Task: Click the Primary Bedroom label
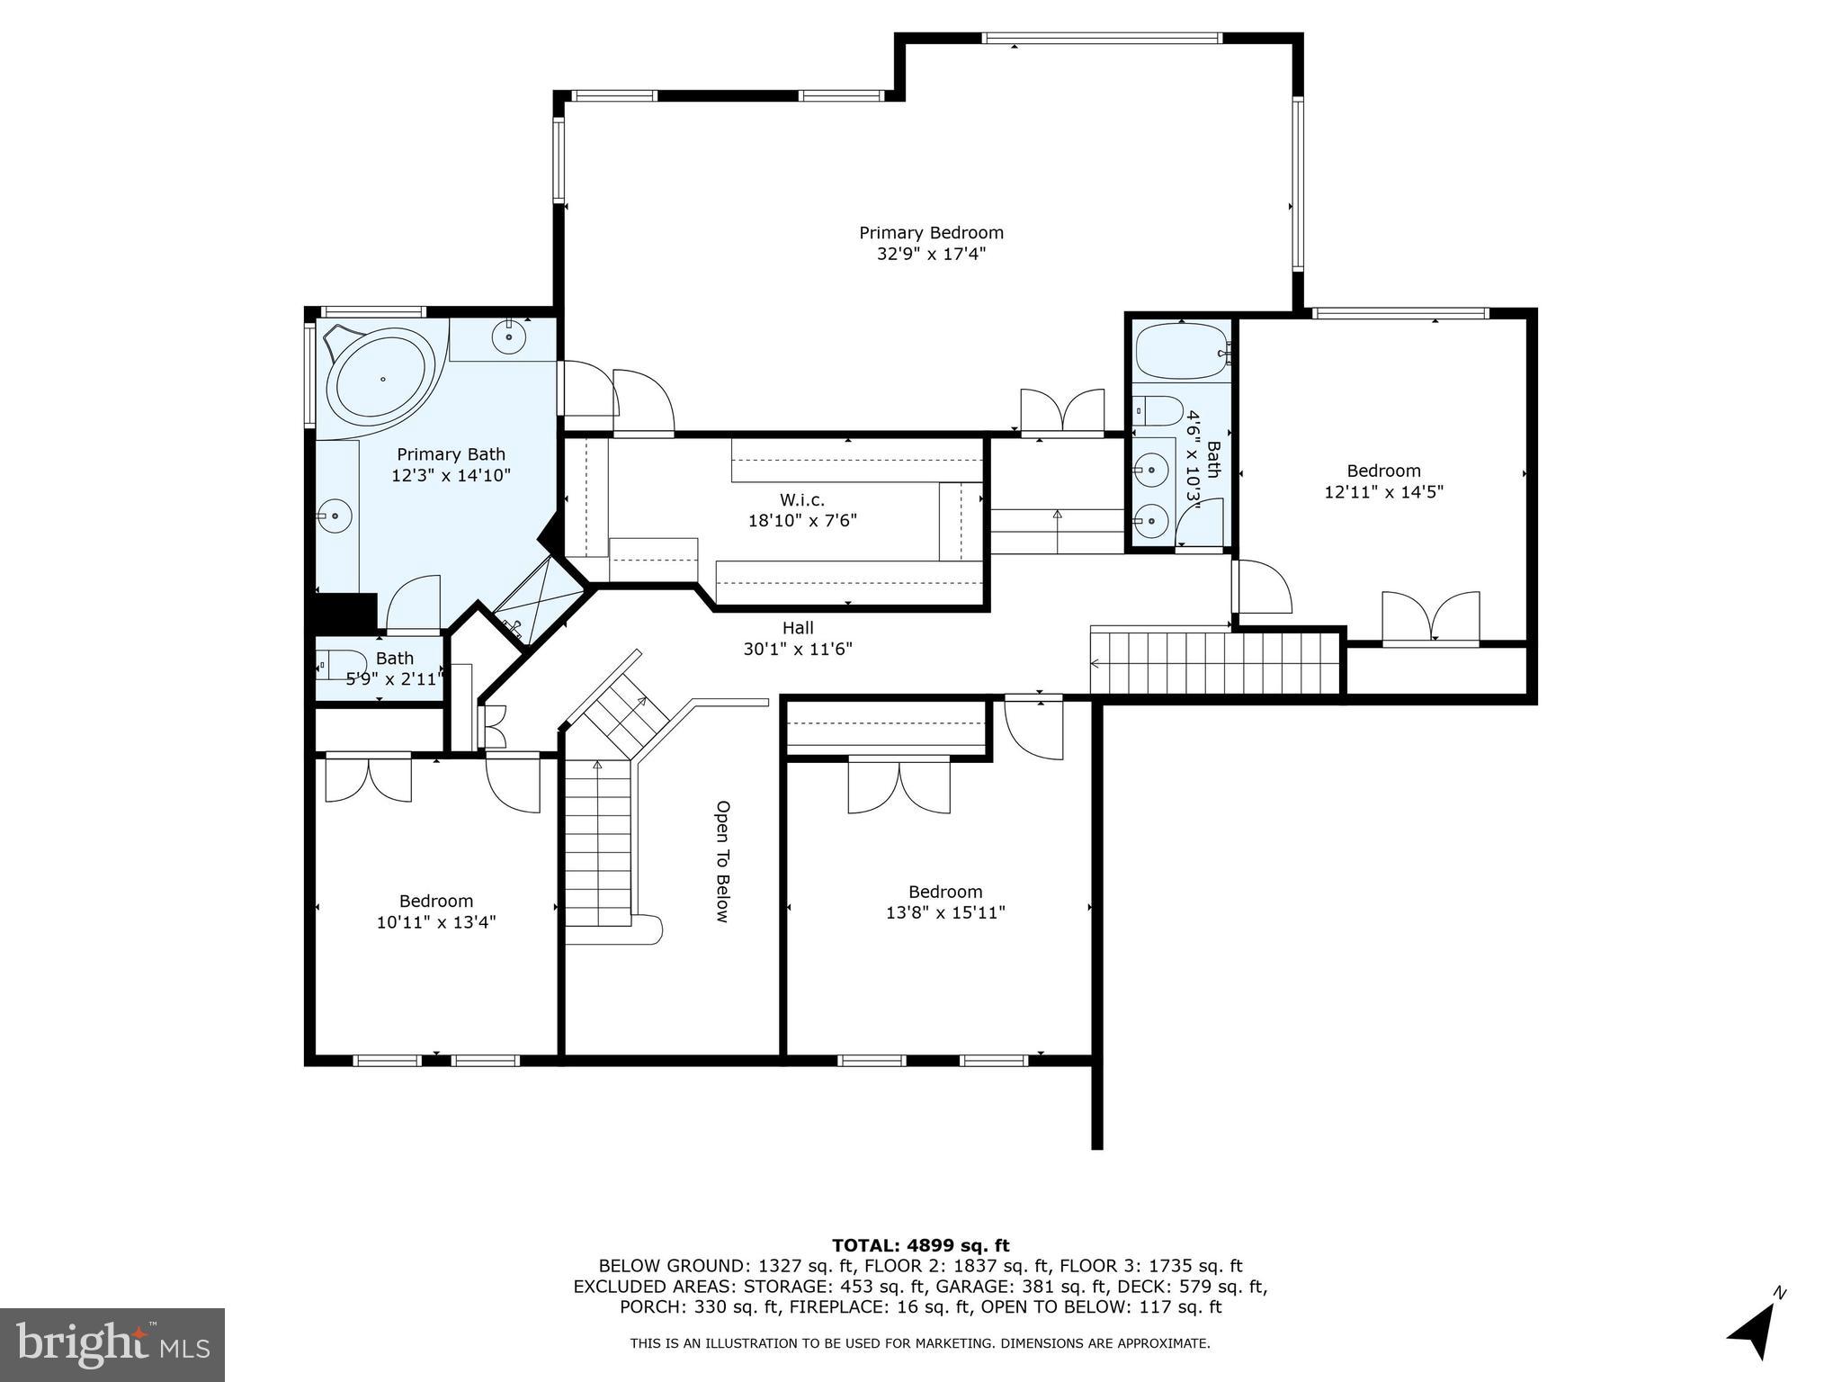click(x=931, y=233)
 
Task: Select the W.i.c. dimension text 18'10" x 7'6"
click(x=802, y=521)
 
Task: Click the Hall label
click(x=798, y=628)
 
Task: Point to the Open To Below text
click(x=721, y=861)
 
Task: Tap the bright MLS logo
click(x=112, y=1344)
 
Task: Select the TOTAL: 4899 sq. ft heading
click(x=920, y=1245)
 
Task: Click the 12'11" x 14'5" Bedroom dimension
click(x=1383, y=492)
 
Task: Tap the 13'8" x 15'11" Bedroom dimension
click(x=945, y=912)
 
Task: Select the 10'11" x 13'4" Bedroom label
click(x=436, y=901)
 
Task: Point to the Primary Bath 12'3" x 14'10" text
click(x=451, y=465)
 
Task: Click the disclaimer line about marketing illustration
click(x=920, y=1343)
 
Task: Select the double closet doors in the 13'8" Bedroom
click(x=899, y=785)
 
